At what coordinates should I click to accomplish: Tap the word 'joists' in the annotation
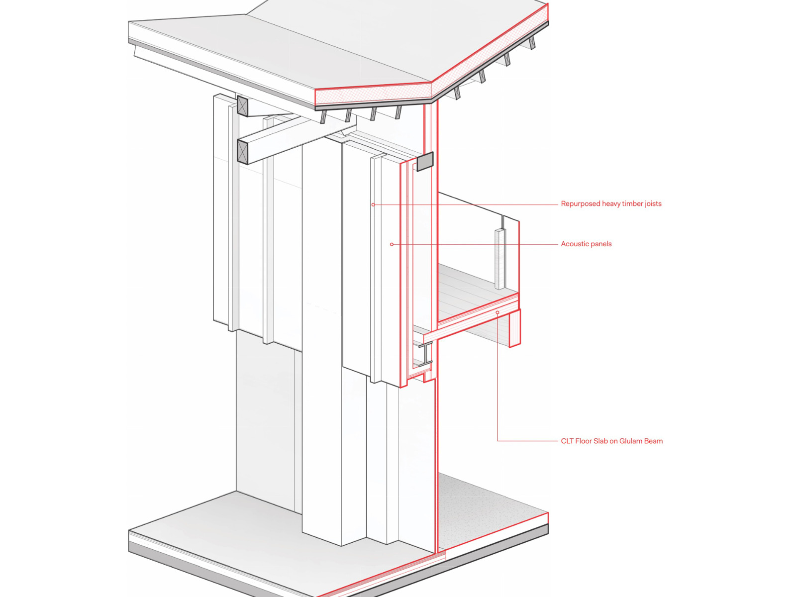coord(652,203)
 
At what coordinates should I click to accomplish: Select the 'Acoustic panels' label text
coord(586,244)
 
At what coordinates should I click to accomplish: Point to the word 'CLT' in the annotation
coord(567,441)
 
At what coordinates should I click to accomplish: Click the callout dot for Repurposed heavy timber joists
coord(373,204)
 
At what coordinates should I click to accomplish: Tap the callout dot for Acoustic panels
coord(392,244)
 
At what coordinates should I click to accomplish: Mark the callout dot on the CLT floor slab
coord(497,312)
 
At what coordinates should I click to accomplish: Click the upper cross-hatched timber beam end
coord(242,106)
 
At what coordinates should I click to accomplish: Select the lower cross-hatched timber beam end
coord(242,152)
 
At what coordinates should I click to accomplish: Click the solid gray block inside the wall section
coord(425,161)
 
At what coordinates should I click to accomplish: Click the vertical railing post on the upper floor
coord(499,259)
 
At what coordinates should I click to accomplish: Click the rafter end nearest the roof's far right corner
coord(532,43)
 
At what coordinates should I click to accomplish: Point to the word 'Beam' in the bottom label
coord(653,441)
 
